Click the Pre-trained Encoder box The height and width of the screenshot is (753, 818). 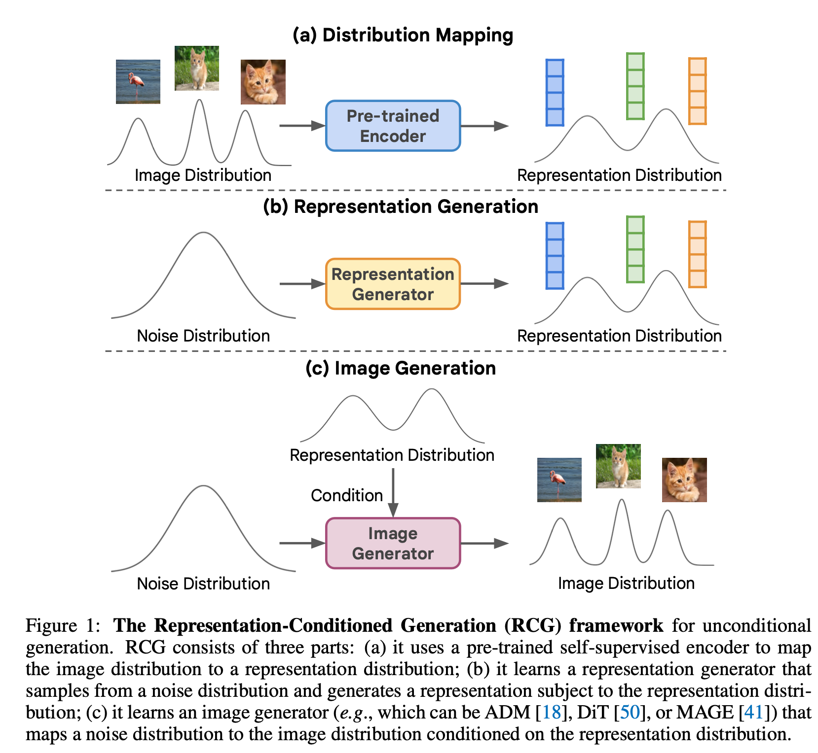(393, 126)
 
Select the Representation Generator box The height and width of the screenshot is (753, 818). (393, 284)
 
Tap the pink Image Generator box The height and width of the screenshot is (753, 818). (393, 543)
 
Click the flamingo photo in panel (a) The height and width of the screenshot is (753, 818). (138, 82)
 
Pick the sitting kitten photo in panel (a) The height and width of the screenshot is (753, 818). (197, 68)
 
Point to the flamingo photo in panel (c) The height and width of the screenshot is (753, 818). (559, 480)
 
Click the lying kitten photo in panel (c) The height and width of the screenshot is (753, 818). (684, 480)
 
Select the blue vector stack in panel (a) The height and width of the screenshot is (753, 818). (555, 93)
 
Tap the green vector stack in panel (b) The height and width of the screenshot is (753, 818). (635, 249)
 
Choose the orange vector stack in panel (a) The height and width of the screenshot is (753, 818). (697, 91)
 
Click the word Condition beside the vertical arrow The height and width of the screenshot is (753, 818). (347, 495)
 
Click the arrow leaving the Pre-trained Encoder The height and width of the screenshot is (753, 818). (484, 126)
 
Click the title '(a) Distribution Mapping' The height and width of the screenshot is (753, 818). (403, 35)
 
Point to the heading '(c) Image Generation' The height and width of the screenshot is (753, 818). (400, 368)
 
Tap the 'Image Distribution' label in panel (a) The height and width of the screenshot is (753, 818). (203, 175)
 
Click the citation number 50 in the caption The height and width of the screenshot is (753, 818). (630, 712)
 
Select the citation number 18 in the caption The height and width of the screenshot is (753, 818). (552, 712)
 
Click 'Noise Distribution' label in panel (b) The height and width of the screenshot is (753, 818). (203, 336)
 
